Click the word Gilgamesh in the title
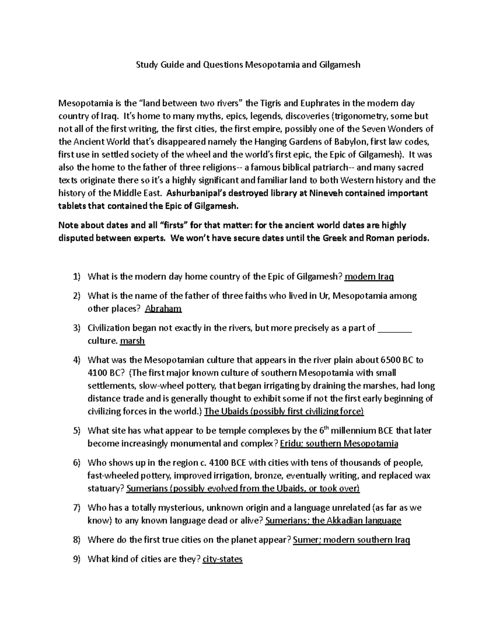coord(342,65)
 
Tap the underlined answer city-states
coord(223,559)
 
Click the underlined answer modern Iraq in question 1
coord(369,277)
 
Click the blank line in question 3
coord(395,329)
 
